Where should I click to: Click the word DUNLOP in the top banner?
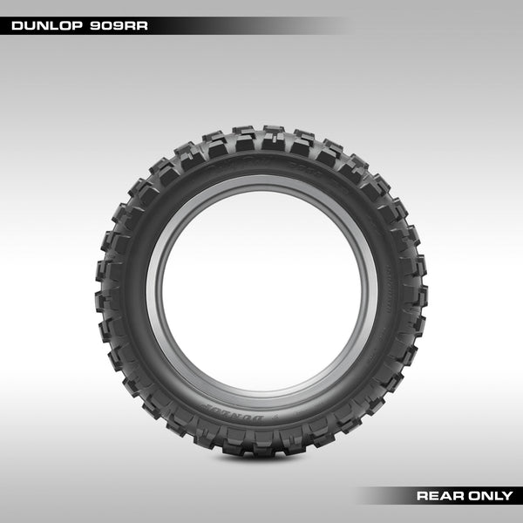[x=45, y=26]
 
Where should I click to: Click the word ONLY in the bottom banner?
[x=490, y=496]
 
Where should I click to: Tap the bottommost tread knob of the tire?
[x=261, y=447]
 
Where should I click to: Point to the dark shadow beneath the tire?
[x=261, y=458]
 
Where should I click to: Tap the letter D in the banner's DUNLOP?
[x=17, y=26]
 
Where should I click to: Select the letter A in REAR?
[x=445, y=496]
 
